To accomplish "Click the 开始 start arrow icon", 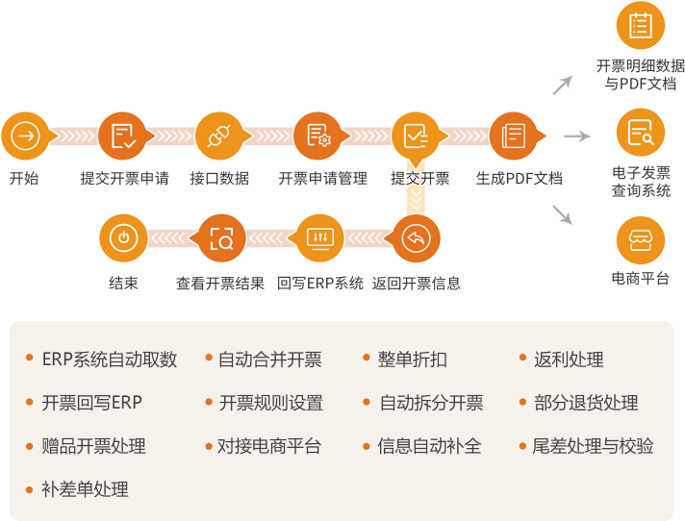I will pos(25,136).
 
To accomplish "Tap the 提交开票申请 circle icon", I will pos(123,136).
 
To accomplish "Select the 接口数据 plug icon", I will pos(220,136).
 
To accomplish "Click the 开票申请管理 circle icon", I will pos(318,136).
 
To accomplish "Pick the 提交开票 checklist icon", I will pos(417,136).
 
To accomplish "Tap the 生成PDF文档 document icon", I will pos(515,136).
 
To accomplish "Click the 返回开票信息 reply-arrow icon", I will pos(417,239).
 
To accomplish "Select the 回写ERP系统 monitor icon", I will pos(318,239).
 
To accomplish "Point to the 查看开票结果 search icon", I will pos(220,239).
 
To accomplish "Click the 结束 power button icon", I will pos(123,239).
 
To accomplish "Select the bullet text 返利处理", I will pos(569,360).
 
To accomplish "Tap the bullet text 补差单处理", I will pos(85,489).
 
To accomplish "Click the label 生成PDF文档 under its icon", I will pos(520,179).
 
